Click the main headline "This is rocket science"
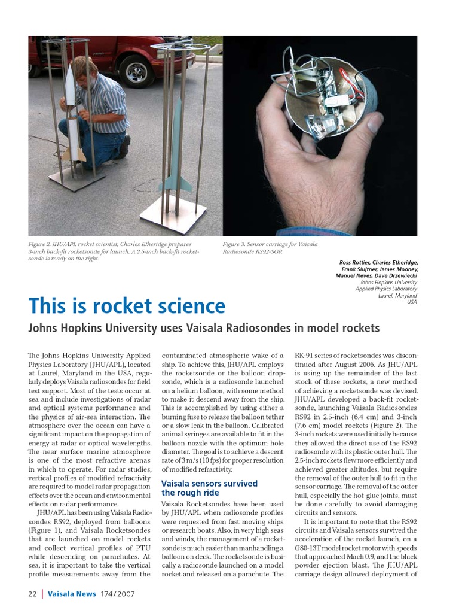coord(127,306)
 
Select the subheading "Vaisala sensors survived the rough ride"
coord(209,488)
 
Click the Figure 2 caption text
coord(114,251)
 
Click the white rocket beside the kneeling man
coord(71,114)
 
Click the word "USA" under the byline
coord(411,302)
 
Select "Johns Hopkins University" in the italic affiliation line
coord(388,282)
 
